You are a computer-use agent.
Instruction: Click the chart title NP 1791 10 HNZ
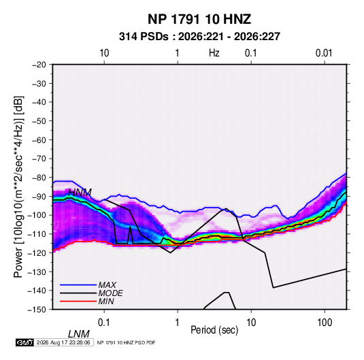(199, 19)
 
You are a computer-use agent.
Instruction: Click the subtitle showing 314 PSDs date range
(199, 37)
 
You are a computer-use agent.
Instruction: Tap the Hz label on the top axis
(214, 53)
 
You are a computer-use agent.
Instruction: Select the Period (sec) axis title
(214, 330)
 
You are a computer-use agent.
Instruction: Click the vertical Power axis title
(18, 186)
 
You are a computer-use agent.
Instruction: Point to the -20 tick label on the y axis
(39, 65)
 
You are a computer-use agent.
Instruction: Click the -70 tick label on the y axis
(39, 159)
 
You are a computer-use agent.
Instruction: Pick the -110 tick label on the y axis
(37, 234)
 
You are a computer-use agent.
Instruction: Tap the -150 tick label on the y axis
(37, 310)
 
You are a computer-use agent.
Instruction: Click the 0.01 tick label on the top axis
(324, 53)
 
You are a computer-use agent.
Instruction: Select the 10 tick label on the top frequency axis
(104, 53)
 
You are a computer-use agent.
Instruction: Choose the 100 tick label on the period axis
(325, 323)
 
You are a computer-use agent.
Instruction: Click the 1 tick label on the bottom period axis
(178, 323)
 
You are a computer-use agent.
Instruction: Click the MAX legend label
(107, 285)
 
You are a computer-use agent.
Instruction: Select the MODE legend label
(110, 293)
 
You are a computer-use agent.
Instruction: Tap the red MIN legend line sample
(78, 301)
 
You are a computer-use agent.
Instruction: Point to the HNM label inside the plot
(80, 193)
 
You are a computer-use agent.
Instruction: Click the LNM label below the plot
(79, 334)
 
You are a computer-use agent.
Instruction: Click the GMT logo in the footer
(25, 342)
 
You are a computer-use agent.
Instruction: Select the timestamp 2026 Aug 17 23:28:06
(63, 342)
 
